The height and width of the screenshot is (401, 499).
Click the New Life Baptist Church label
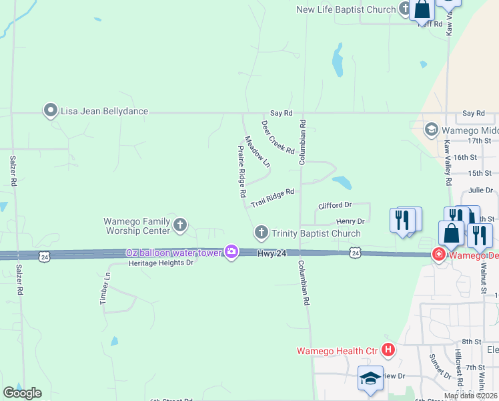pyautogui.click(x=346, y=9)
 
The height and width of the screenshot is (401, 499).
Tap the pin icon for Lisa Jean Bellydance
pyautogui.click(x=51, y=111)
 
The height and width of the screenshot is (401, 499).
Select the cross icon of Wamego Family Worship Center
pyautogui.click(x=179, y=225)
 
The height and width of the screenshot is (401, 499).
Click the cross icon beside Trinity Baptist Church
pyautogui.click(x=261, y=233)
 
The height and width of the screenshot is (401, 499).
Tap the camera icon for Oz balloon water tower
pyautogui.click(x=231, y=252)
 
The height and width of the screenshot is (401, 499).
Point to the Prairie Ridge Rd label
pyautogui.click(x=242, y=171)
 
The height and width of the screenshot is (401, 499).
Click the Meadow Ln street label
pyautogui.click(x=258, y=152)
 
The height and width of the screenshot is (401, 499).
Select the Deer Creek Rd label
pyautogui.click(x=278, y=138)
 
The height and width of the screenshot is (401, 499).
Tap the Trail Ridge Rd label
pyautogui.click(x=272, y=196)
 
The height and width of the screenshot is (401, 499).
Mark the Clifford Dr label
pyautogui.click(x=334, y=206)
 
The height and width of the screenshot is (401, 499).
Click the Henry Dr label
pyautogui.click(x=350, y=221)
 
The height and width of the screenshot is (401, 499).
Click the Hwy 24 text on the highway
pyautogui.click(x=272, y=253)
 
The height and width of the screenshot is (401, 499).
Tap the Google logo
pyautogui.click(x=22, y=393)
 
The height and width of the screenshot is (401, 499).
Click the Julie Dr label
pyautogui.click(x=480, y=190)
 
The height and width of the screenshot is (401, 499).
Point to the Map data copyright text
pyautogui.click(x=471, y=396)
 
